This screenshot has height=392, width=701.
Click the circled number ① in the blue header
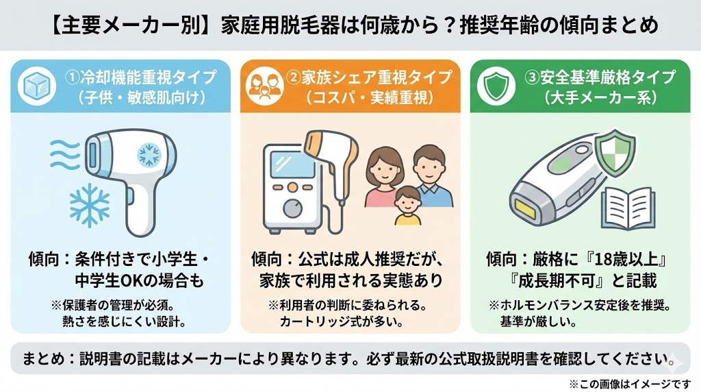[73, 77]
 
